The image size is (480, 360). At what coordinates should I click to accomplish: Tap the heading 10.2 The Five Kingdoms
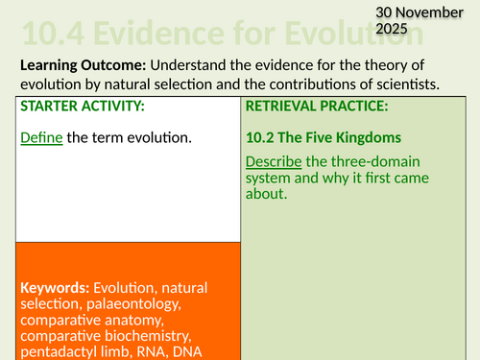(322, 138)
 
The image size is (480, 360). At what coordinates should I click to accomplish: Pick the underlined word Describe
(277, 160)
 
